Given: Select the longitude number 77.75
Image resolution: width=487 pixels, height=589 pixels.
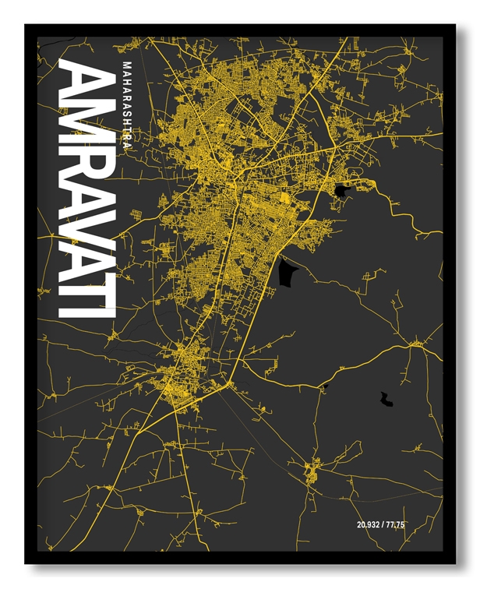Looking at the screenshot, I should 396,525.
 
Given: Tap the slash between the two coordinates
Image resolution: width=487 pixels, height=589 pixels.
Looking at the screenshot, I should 383,525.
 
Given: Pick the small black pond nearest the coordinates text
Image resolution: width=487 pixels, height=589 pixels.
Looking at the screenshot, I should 386,400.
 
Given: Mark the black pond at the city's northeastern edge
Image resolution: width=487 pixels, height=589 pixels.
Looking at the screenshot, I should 340,189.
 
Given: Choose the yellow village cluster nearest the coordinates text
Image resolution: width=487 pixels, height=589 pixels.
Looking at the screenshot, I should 312,471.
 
